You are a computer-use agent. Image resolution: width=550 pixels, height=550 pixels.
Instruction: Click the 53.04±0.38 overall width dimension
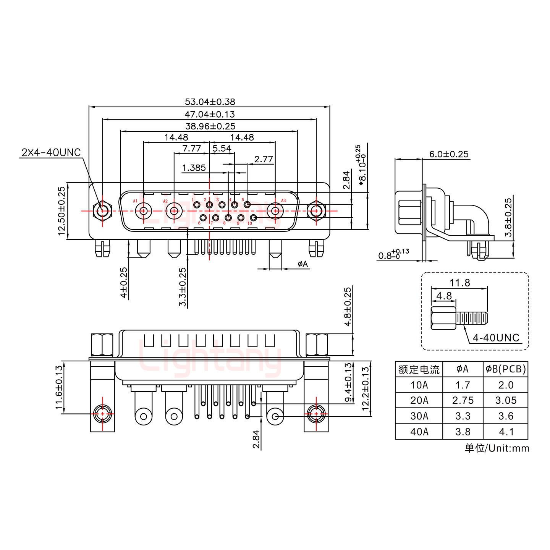point(210,102)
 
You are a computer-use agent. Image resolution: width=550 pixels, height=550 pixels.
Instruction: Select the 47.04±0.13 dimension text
point(210,114)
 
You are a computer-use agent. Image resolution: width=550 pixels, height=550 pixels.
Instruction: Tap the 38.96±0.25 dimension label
point(210,126)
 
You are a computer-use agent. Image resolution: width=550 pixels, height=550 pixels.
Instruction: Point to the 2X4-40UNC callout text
point(51,153)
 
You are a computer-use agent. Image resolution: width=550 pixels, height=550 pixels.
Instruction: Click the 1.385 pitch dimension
point(194,168)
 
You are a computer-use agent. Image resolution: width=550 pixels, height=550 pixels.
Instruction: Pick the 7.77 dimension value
point(191,149)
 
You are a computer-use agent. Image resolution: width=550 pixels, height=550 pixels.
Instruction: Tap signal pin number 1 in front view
point(197,205)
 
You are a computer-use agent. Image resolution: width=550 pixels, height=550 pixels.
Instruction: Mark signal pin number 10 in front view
point(253,218)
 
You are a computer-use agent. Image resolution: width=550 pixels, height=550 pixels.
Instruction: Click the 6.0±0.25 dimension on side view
point(449,154)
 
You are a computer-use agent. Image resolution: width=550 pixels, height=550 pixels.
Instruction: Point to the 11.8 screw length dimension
point(459,283)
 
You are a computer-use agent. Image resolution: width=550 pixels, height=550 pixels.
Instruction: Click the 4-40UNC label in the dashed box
point(496,338)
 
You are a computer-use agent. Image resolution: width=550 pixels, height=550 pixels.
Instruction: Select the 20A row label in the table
point(419,400)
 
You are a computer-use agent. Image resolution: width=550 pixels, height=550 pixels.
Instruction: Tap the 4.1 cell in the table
point(506,432)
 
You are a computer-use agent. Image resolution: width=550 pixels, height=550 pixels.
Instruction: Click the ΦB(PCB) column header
point(506,369)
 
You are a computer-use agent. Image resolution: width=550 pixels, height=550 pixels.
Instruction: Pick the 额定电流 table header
point(419,369)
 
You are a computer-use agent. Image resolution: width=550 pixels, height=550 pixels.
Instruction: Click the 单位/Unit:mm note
point(497,448)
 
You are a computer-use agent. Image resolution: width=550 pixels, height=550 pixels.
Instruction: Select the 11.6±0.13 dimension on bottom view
point(59,387)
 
